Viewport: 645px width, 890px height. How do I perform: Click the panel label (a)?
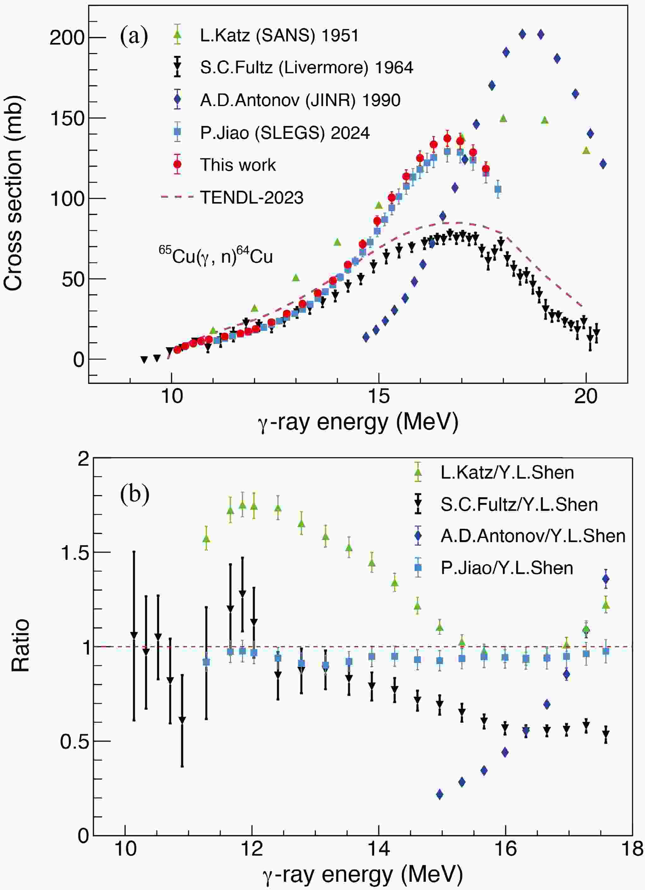[134, 37]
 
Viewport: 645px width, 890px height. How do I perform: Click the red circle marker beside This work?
[178, 165]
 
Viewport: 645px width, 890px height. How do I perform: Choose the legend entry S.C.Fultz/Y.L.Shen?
[519, 505]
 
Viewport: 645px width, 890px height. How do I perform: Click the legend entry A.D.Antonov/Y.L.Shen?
[533, 536]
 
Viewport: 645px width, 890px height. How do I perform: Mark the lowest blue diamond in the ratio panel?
[440, 795]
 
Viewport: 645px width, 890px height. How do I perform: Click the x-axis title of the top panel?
[358, 423]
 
